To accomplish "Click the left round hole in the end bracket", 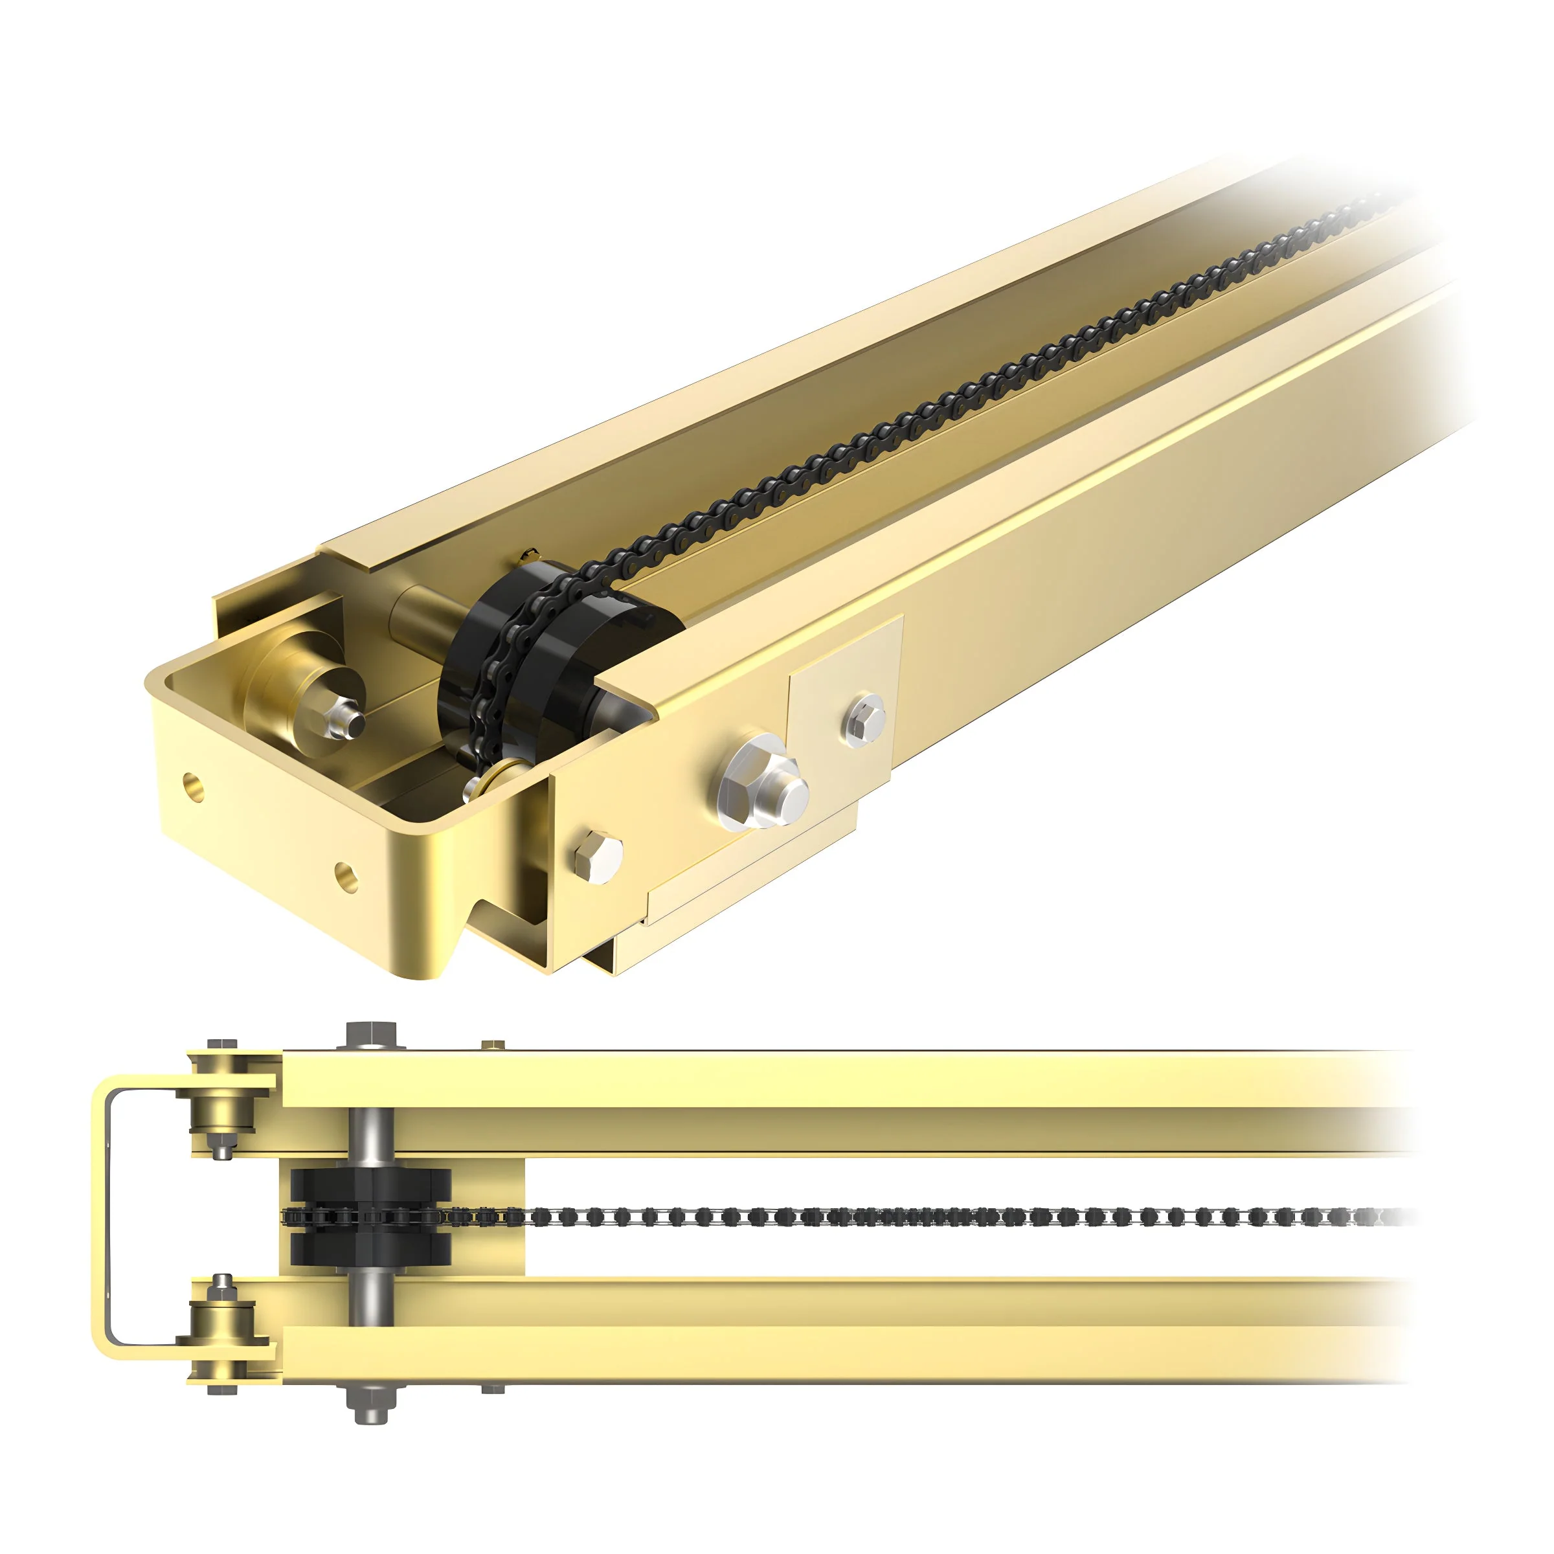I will (x=193, y=787).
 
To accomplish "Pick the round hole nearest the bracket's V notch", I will (x=346, y=876).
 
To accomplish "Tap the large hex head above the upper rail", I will (x=372, y=1033).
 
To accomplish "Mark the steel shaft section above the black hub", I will (x=371, y=1136).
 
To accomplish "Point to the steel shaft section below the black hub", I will (x=371, y=1298).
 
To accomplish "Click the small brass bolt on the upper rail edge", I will (x=492, y=1045).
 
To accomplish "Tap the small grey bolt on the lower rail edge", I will (x=492, y=1388).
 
